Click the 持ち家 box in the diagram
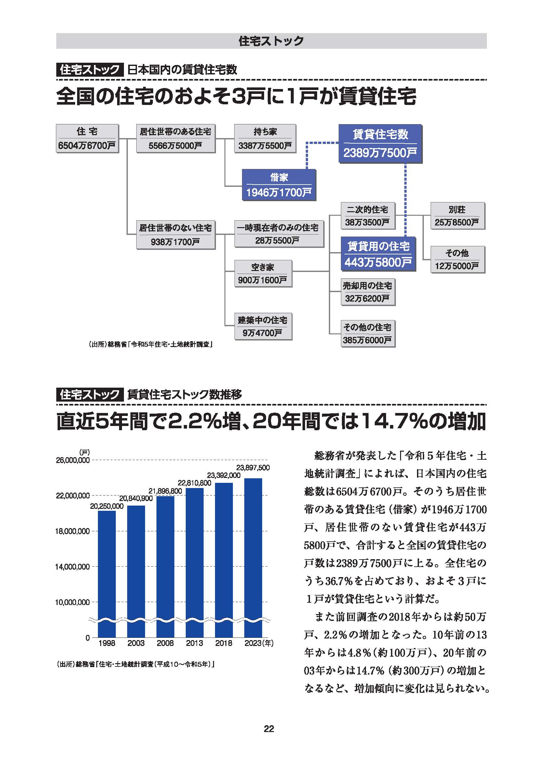point(265,138)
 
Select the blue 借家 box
point(279,185)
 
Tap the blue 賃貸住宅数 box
point(380,143)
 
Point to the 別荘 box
point(457,216)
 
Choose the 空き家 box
point(263,273)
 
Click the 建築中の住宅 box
point(263,326)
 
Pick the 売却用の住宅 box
point(368,291)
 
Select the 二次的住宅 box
point(368,216)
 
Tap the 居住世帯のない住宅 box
point(176,235)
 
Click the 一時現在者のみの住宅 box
point(279,234)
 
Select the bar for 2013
point(195,563)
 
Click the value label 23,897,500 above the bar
point(253,467)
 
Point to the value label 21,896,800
point(165,491)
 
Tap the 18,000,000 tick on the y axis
point(72,531)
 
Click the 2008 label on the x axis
point(165,643)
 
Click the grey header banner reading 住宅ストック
point(271,41)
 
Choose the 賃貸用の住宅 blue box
point(378,254)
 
